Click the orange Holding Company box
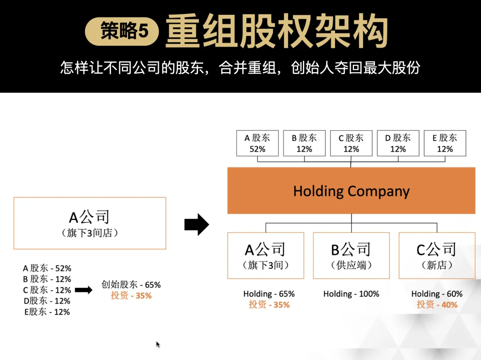point(351,191)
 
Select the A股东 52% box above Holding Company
point(257,143)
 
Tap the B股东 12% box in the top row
point(304,143)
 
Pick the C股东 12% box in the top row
point(351,143)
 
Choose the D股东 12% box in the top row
point(398,143)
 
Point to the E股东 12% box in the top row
point(445,143)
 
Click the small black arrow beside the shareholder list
point(84,290)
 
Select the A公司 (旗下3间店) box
point(90,223)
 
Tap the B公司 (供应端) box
point(351,255)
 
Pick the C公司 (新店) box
point(437,255)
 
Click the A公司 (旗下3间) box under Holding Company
point(265,255)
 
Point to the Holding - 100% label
point(351,294)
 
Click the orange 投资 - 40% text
point(437,305)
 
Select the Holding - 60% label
point(437,294)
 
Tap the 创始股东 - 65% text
point(131,285)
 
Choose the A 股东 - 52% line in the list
point(47,269)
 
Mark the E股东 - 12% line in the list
point(47,312)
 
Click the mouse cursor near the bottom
point(158,344)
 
